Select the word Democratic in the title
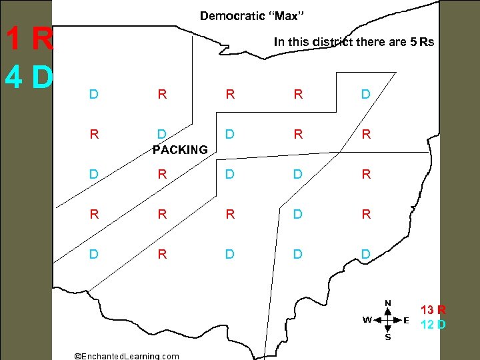[x=231, y=15]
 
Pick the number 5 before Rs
[x=414, y=42]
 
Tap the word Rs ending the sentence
[x=427, y=42]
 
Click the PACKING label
[x=180, y=150]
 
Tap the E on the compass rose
[x=406, y=320]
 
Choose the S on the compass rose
[x=387, y=337]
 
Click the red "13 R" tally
[x=433, y=310]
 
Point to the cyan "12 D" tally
[x=433, y=325]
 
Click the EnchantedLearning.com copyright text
[x=126, y=355]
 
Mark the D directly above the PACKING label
[x=161, y=134]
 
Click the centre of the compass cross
[x=387, y=320]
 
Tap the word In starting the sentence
[x=279, y=42]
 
